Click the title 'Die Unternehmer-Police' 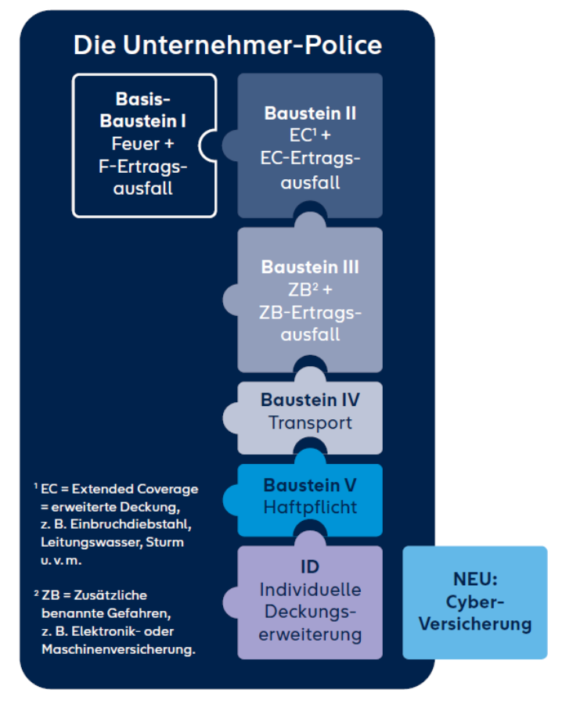pos(228,45)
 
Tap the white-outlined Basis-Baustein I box pos(143,145)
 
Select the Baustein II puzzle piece pos(309,145)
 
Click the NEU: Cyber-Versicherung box pos(475,602)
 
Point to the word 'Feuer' pos(135,144)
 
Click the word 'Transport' pos(310,423)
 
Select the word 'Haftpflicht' pos(310,508)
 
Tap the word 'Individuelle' pos(310,590)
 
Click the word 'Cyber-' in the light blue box pos(475,602)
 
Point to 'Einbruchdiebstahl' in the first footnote pos(131,524)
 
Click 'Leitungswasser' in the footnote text pos(92,542)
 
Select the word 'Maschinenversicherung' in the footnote pos(119,650)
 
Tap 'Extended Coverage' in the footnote pos(135,489)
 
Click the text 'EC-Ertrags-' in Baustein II pos(310,159)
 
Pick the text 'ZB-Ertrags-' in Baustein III pos(310,312)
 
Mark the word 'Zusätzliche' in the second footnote pos(110,595)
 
